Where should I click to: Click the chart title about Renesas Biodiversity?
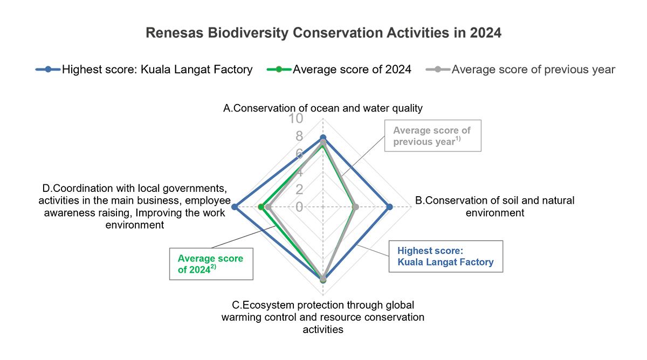click(x=323, y=33)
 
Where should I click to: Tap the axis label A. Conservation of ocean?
click(x=322, y=108)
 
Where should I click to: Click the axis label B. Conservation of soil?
click(x=494, y=206)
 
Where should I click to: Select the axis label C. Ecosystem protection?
click(x=322, y=316)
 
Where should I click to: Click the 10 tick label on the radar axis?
click(x=296, y=119)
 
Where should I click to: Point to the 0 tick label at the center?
click(x=299, y=207)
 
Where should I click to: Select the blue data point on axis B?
click(x=390, y=206)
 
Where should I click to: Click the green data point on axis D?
click(x=260, y=206)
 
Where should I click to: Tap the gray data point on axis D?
click(x=268, y=206)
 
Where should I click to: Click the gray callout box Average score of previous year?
click(x=432, y=136)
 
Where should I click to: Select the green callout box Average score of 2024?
click(x=211, y=264)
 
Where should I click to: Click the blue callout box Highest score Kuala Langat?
click(x=445, y=257)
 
